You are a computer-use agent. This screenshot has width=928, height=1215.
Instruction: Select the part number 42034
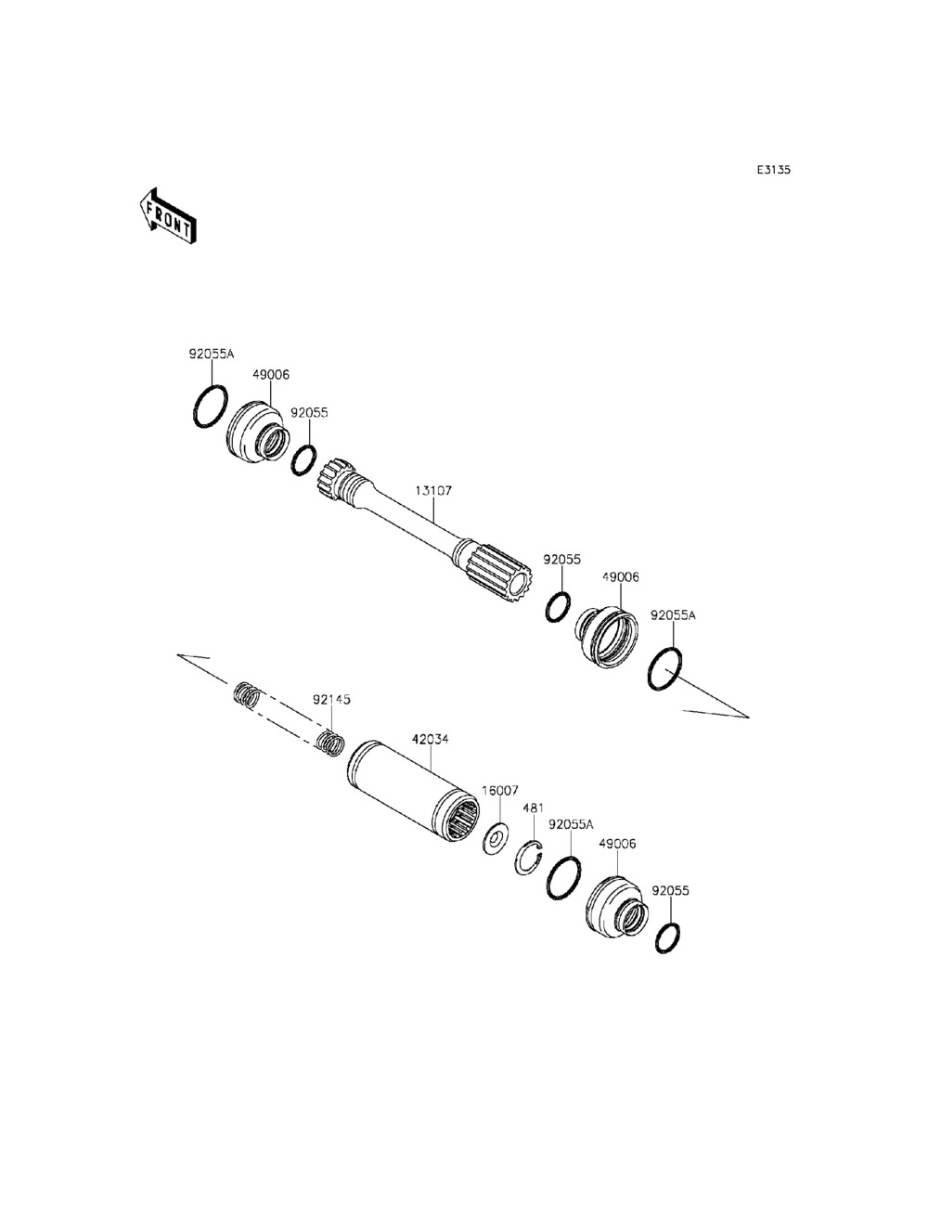coord(431,740)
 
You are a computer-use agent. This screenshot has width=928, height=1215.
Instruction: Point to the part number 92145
coord(331,699)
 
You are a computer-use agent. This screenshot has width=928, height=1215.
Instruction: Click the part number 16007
coord(499,791)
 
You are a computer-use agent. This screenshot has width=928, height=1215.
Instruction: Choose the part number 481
coord(533,808)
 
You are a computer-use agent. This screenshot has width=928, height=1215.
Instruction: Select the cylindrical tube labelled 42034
coord(410,788)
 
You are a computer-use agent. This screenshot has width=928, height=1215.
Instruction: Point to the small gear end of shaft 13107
coord(330,481)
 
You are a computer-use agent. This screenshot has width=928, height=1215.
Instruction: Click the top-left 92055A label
coord(212,354)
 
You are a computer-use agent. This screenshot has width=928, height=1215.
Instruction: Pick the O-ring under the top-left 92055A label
coord(211,407)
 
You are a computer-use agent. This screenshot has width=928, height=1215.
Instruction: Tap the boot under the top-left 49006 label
coord(255,431)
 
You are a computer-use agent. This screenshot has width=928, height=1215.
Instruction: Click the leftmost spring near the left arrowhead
coord(245,694)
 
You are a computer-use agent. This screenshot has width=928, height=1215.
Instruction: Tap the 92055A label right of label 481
coord(571,823)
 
